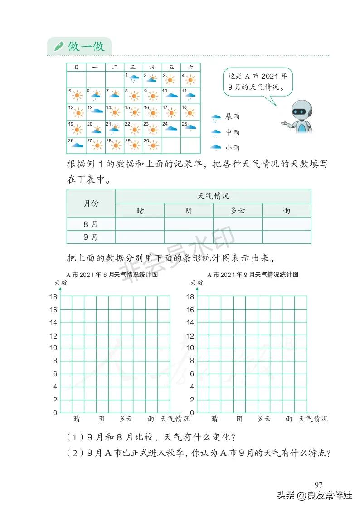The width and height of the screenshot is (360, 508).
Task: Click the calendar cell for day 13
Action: click(x=95, y=112)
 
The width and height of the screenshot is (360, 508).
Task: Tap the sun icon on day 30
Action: click(x=153, y=146)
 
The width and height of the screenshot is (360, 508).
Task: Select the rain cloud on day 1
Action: click(x=134, y=79)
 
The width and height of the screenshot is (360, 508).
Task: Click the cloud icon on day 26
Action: click(x=77, y=145)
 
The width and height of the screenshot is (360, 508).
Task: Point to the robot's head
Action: click(x=300, y=109)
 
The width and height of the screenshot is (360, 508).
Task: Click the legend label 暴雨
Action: click(x=233, y=117)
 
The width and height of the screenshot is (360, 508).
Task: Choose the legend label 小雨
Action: click(x=233, y=148)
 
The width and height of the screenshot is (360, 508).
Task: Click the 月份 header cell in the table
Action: click(x=91, y=203)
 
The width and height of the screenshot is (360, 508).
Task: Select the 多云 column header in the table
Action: click(x=238, y=211)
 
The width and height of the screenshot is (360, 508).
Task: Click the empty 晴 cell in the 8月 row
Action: click(x=140, y=224)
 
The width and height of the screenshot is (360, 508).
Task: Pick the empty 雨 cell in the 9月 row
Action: click(x=287, y=237)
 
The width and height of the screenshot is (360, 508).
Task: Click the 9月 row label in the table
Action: click(x=91, y=237)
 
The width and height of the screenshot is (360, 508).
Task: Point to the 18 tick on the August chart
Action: click(x=53, y=296)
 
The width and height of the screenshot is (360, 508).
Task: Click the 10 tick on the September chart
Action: click(x=191, y=348)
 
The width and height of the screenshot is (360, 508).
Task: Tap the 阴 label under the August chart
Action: click(x=102, y=419)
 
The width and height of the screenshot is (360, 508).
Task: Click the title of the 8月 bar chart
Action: click(x=112, y=275)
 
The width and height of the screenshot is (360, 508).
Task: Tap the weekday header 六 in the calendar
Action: click(x=190, y=67)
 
